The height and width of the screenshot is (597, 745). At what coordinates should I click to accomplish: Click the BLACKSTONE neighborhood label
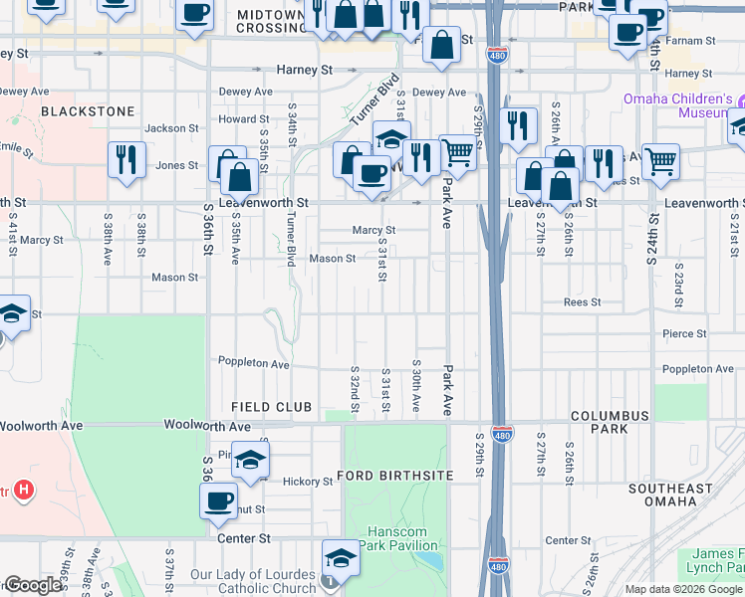point(89,111)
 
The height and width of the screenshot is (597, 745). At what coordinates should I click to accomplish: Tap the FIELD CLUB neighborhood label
point(271,407)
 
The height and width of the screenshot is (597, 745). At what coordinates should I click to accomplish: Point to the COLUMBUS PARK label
point(610,422)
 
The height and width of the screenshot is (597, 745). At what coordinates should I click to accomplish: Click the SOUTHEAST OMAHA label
point(670,495)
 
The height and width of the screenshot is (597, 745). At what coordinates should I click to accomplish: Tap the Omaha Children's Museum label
point(678,105)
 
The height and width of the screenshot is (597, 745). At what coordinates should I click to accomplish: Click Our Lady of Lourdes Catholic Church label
point(253,581)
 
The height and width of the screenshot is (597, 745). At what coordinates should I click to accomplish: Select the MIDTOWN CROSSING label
point(271,21)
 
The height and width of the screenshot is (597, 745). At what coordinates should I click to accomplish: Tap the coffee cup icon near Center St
point(219,500)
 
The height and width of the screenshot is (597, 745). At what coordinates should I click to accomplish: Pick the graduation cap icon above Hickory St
point(251,460)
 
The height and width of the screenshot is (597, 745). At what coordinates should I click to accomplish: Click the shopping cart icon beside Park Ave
point(457,152)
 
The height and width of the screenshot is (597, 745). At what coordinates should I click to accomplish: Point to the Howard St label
point(238,119)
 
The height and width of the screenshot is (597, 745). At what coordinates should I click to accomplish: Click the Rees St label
point(582,301)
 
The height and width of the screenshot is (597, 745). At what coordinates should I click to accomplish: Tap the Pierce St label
point(686,334)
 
